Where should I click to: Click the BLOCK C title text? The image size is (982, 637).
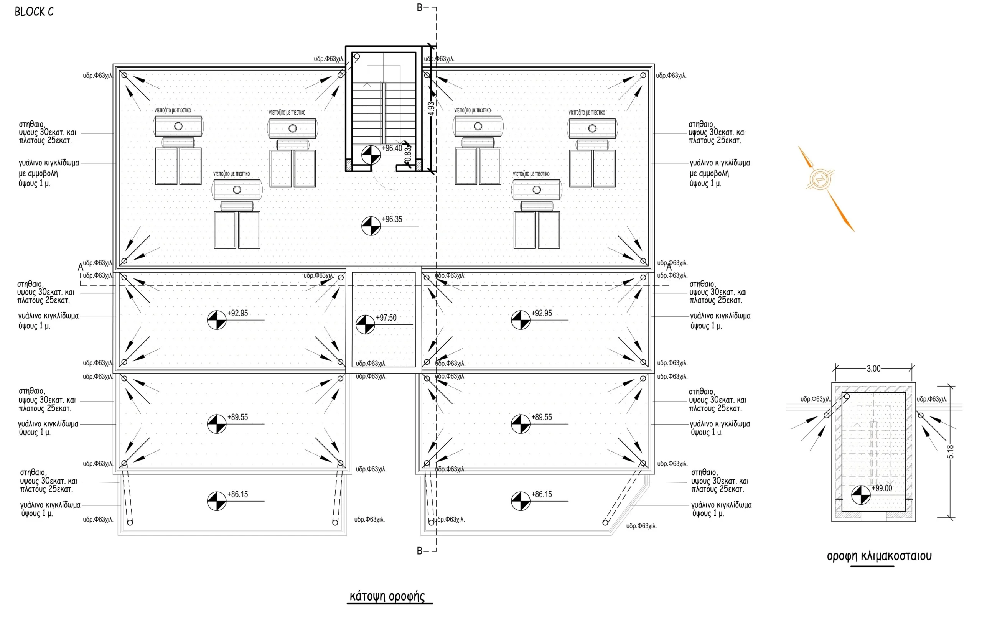34,12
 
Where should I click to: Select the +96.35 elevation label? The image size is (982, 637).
392,219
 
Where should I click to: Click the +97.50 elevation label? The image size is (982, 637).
386,318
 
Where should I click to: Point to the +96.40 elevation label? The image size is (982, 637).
392,148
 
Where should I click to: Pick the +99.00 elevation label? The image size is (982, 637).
882,488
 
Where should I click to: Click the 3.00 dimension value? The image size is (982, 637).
873,369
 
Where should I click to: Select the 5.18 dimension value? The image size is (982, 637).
950,452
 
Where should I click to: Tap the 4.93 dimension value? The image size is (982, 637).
431,109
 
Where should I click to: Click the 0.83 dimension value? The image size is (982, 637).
408,155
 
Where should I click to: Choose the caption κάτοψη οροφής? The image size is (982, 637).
387,597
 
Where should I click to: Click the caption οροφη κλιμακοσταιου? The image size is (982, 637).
879,556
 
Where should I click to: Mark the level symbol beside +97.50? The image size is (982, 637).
365,324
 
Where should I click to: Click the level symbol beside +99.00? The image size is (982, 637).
861,495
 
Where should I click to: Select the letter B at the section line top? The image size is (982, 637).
420,7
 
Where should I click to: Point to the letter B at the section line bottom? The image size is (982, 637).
420,551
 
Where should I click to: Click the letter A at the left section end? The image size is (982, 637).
81,267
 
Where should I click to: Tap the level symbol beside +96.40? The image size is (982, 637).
371,155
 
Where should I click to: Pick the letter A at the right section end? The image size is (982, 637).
669,267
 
